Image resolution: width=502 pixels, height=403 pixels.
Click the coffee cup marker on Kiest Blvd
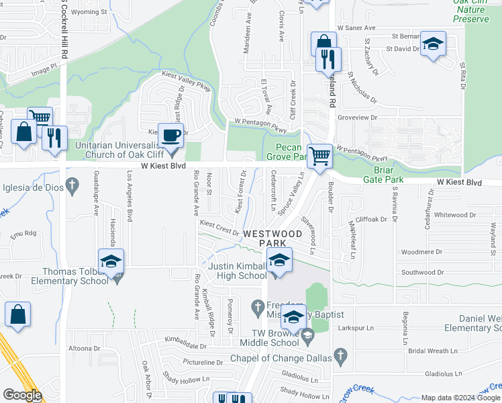[170, 134]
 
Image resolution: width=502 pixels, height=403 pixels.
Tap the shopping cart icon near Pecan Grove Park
[320, 156]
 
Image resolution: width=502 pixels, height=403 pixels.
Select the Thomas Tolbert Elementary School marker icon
[111, 262]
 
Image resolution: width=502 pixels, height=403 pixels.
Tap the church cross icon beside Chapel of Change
[340, 355]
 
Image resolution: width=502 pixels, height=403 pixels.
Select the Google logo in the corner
[21, 395]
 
